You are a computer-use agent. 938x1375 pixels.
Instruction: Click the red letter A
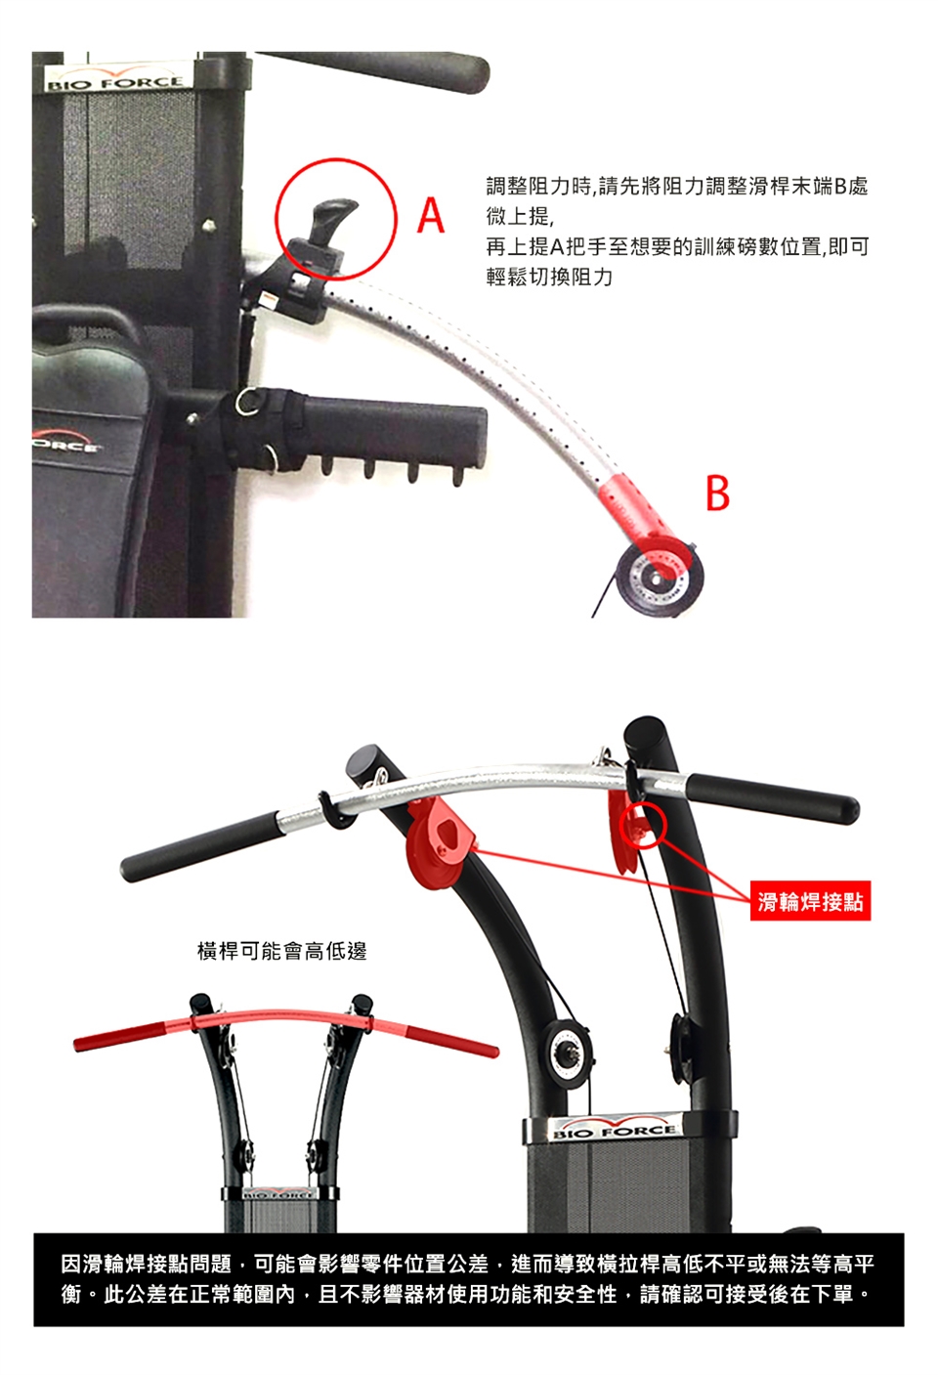coord(430,215)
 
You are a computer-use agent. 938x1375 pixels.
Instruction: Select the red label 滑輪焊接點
coord(810,901)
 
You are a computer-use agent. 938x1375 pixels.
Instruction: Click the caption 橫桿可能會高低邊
coord(282,951)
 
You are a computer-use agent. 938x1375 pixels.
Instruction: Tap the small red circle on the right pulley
coord(642,826)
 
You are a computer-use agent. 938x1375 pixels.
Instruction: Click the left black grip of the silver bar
coord(202,847)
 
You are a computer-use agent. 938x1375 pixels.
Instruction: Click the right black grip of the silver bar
coord(773,798)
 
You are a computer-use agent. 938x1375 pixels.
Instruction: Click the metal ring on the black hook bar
coord(251,401)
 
